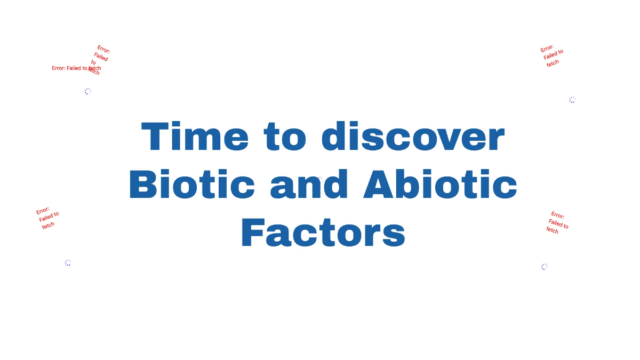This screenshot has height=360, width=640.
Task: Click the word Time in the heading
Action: pos(195,137)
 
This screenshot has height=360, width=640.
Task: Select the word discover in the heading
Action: pos(413,137)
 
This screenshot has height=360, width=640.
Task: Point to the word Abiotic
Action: pos(440,185)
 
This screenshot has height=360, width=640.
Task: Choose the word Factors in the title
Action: pos(323,233)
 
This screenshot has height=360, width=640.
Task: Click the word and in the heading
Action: pos(309,185)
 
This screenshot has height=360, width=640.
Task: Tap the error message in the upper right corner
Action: pos(552,55)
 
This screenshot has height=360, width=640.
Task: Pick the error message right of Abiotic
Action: pos(558,222)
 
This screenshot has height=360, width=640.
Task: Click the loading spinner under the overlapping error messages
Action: pos(88,91)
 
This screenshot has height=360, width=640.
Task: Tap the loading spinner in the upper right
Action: pos(572,100)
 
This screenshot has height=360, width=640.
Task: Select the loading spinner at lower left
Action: pos(68,262)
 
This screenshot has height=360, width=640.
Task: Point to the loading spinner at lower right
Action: pos(545,267)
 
